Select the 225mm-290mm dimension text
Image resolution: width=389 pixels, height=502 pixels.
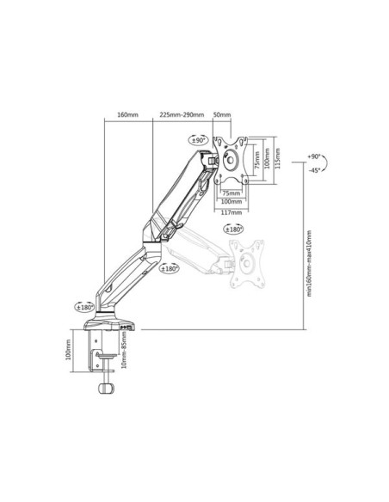(182, 114)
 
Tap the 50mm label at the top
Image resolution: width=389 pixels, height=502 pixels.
(222, 114)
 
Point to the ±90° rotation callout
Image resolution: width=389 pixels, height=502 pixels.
(198, 140)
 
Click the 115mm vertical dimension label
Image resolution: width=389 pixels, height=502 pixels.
(277, 158)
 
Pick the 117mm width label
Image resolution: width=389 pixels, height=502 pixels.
(232, 212)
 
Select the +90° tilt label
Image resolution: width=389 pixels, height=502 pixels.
(314, 156)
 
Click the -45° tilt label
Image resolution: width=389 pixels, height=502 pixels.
(314, 170)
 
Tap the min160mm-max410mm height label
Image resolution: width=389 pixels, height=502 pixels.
(309, 263)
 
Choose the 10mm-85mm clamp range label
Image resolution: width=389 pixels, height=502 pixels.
(124, 350)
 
